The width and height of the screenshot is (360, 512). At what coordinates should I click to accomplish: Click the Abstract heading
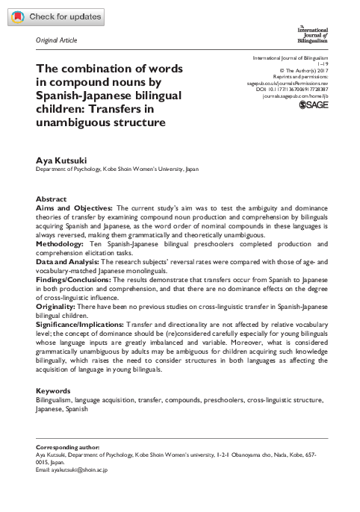pyautogui.click(x=51, y=200)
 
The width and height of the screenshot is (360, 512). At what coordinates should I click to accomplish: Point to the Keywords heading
pyautogui.click(x=54, y=390)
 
